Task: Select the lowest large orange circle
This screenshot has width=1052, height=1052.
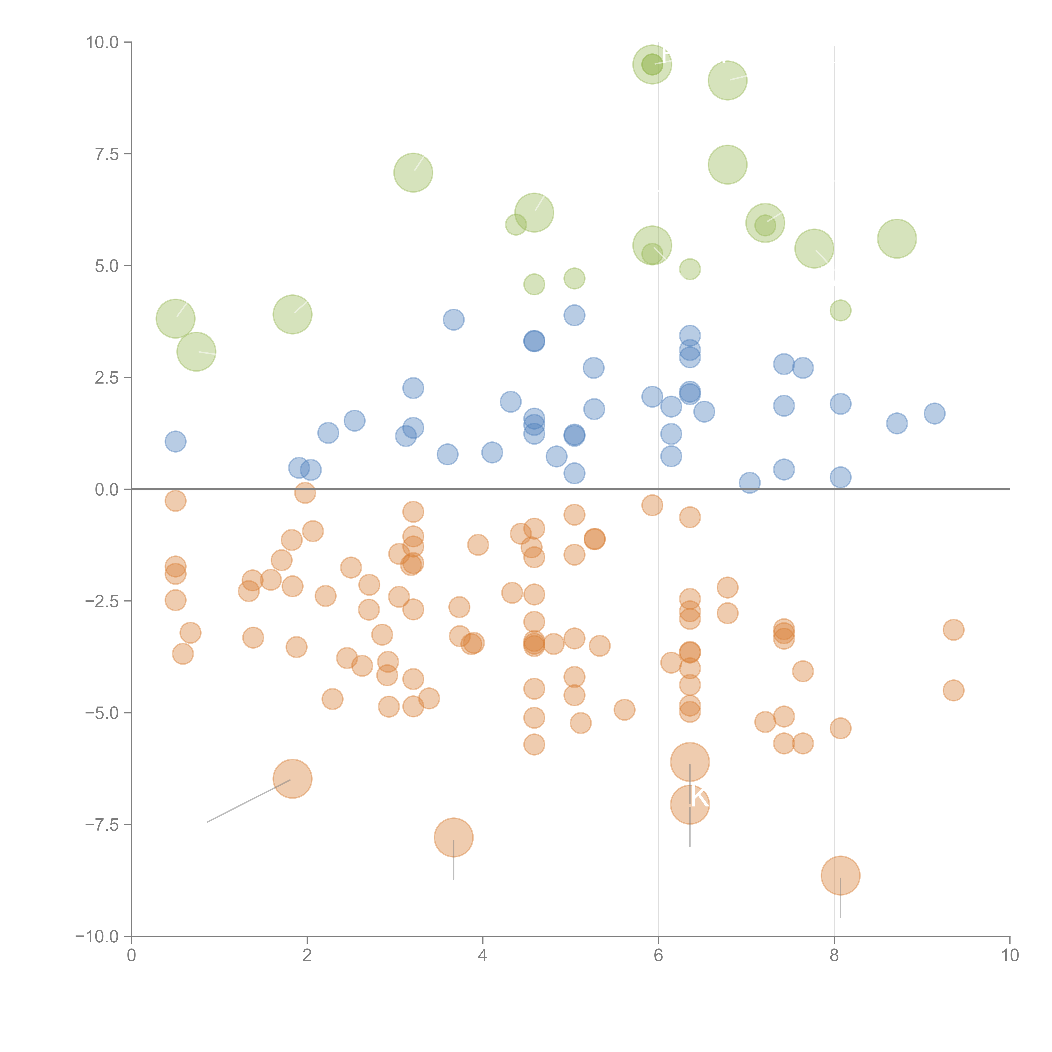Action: coord(840,875)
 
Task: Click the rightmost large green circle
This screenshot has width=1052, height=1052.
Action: coord(897,239)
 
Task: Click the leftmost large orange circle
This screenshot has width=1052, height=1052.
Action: coord(292,778)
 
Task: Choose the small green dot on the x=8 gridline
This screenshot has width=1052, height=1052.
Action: coord(840,310)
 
